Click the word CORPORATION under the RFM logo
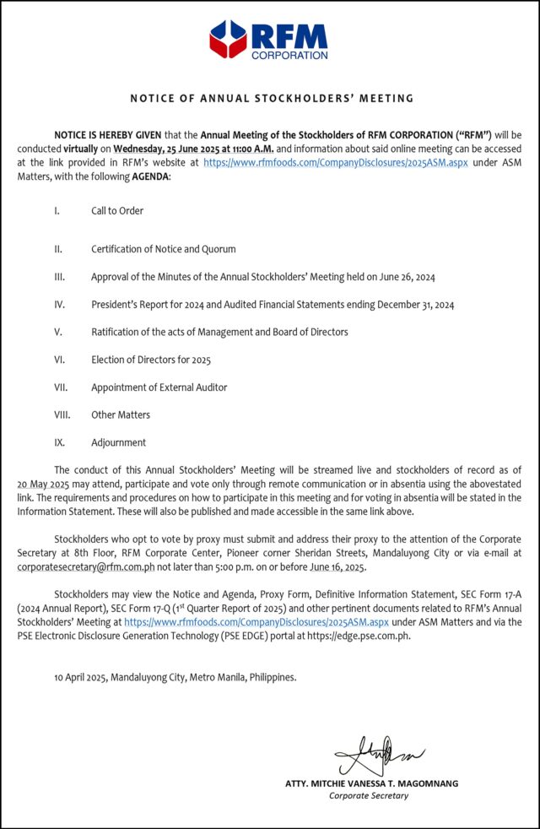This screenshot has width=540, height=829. click(289, 56)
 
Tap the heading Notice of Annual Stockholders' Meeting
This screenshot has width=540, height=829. click(272, 99)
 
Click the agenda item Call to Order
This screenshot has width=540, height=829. click(117, 211)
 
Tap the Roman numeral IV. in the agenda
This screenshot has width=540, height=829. click(59, 305)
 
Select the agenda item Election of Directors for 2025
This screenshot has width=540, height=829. click(151, 360)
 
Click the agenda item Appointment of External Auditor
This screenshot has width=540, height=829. click(159, 387)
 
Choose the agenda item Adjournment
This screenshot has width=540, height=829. click(118, 442)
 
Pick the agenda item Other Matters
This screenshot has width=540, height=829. click(121, 414)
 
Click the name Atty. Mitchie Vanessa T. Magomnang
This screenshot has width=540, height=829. click(371, 783)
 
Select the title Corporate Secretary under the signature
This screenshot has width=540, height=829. click(369, 795)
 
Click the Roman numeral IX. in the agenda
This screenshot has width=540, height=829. click(59, 442)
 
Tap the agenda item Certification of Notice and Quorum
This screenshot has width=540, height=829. click(164, 249)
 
